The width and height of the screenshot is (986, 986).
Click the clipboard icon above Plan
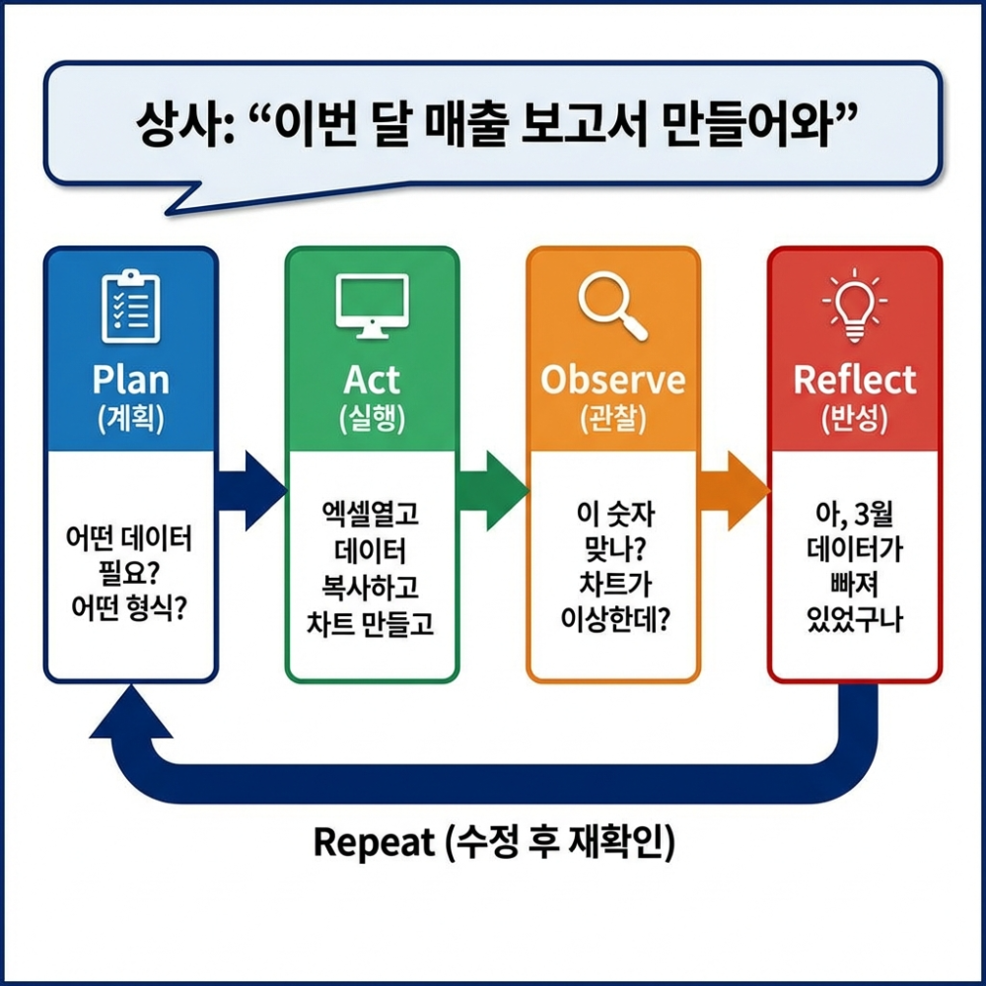click(130, 307)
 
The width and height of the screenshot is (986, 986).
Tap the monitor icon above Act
click(372, 307)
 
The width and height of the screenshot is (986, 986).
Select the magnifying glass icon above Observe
click(612, 307)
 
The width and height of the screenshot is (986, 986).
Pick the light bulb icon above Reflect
click(855, 305)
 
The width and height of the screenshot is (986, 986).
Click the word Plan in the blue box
click(130, 381)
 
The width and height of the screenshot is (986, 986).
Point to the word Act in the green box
click(372, 381)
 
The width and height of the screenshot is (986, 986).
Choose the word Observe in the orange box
click(612, 381)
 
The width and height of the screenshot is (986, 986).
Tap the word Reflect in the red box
click(855, 381)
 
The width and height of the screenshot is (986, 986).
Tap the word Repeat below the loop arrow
click(374, 842)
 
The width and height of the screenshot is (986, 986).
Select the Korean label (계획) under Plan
click(130, 420)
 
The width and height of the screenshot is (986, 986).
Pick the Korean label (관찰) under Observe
click(612, 420)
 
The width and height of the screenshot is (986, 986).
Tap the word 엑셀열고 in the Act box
click(372, 514)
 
